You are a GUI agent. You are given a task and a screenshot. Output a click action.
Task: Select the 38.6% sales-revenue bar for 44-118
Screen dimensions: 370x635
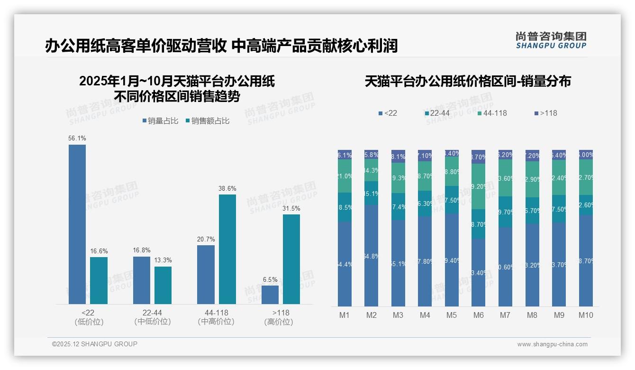coord(227,249)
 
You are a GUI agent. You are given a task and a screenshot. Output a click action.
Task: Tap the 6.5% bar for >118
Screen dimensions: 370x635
coord(270,295)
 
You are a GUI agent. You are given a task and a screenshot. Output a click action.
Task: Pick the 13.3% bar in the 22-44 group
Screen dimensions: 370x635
coord(163,285)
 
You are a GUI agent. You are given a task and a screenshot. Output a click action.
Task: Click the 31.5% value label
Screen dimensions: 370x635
coord(291,208)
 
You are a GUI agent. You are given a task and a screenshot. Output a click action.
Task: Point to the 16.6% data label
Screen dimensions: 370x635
coord(99,251)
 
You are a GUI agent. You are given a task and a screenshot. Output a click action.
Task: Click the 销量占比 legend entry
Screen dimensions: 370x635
coord(160,121)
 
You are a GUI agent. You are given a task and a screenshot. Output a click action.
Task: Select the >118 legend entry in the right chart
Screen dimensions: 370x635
coord(545,113)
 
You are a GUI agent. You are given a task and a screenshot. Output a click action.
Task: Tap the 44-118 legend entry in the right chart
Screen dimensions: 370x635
coord(492,113)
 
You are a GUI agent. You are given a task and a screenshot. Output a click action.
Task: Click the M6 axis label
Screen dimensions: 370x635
coord(478,315)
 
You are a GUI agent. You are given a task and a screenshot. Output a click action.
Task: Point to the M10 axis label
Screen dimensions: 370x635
coord(586,315)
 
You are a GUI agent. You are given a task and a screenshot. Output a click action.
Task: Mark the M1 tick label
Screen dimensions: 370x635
coord(345,315)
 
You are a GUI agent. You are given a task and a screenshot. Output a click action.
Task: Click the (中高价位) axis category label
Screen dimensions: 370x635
coord(216,322)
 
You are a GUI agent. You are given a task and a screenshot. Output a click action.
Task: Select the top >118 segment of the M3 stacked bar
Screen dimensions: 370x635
coord(398,156)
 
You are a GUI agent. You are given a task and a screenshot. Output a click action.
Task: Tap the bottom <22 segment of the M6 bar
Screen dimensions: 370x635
coord(479,272)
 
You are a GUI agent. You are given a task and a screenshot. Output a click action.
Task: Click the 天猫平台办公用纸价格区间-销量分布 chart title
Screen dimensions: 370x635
coord(468,82)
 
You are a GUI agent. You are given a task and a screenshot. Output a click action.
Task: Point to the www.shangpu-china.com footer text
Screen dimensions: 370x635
coord(552,344)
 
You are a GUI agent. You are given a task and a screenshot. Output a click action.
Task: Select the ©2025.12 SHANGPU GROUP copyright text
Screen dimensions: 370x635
coord(95,344)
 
